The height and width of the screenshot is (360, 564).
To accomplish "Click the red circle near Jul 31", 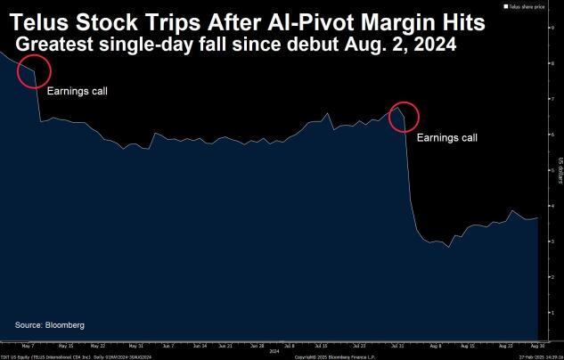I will click(403, 116).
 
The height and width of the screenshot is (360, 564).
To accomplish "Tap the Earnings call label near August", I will click(447, 137).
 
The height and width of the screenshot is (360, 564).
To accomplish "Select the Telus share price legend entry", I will click(529, 6).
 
